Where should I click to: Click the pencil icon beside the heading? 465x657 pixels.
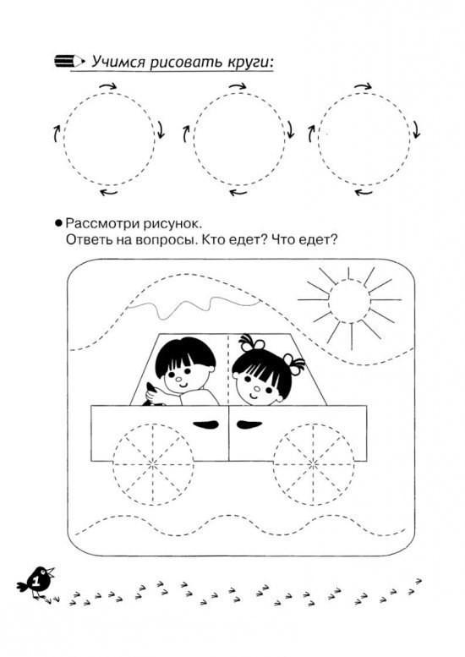click(69, 61)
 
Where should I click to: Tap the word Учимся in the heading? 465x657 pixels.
click(118, 62)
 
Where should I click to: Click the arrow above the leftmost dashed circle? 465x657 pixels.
click(108, 87)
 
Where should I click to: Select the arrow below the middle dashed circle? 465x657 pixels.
click(238, 193)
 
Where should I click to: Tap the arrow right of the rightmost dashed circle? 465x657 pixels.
click(415, 130)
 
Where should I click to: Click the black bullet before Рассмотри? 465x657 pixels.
click(58, 223)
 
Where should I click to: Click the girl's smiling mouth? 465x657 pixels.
click(254, 395)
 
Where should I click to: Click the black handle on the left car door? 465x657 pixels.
click(206, 424)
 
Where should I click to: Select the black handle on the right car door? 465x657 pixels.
click(249, 424)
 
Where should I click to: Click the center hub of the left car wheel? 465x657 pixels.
click(153, 464)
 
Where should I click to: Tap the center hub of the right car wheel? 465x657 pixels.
click(313, 464)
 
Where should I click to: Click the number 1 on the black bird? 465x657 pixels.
click(36, 582)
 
